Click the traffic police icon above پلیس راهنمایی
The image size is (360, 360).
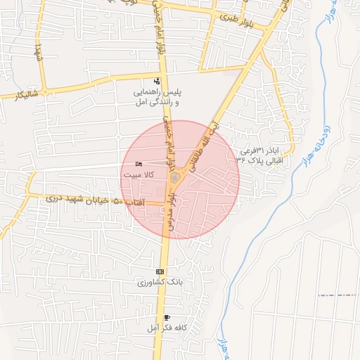coord(157,81)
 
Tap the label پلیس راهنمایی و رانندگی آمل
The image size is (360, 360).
coord(158,97)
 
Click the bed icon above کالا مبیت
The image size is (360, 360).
coord(138,162)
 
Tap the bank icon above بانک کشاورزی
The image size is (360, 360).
coord(160,271)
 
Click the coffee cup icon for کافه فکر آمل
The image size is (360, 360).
coord(167,318)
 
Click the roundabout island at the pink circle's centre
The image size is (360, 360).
coord(175,180)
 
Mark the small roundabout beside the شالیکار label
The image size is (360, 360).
coord(44,91)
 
